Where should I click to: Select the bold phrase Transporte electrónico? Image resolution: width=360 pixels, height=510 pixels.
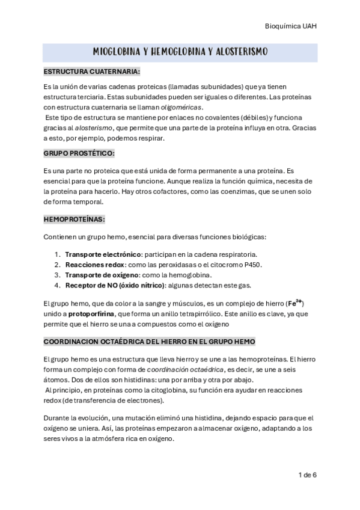pos(99,254)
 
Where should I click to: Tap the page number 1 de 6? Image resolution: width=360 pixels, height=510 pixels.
pos(307,475)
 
